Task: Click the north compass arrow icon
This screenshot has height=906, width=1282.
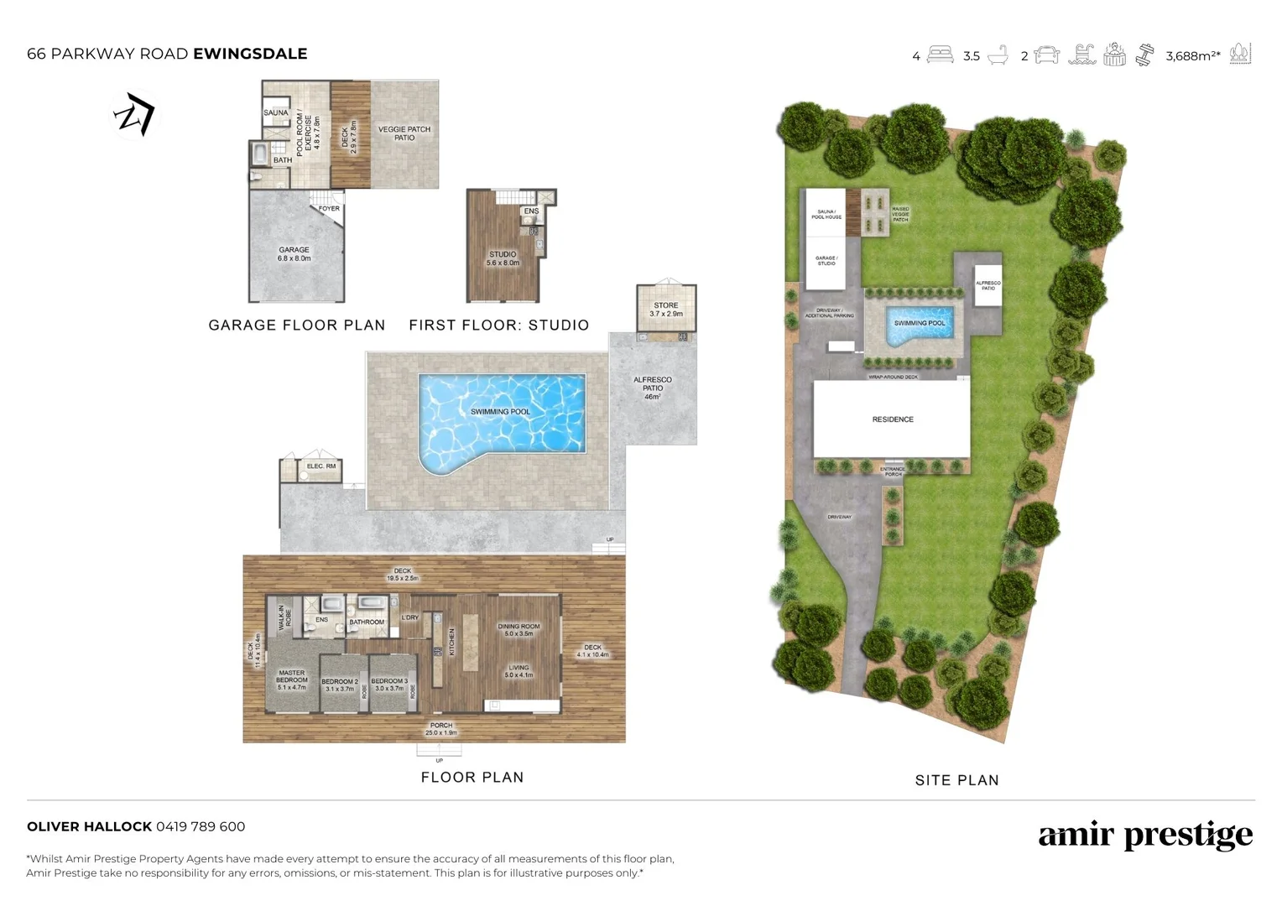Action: click(x=135, y=114)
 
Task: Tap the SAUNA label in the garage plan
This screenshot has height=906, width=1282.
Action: click(x=275, y=112)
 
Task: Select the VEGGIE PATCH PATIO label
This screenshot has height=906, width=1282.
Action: click(x=404, y=133)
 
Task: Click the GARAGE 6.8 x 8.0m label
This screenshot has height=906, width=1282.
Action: click(x=294, y=254)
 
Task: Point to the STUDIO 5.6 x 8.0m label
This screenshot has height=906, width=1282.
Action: click(x=503, y=258)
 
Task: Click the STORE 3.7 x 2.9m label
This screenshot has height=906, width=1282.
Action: click(x=666, y=310)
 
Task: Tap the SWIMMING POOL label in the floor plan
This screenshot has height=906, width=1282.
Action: click(x=500, y=412)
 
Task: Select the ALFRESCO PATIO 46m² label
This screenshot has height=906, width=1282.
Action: click(x=653, y=388)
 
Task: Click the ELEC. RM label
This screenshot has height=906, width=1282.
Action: click(x=320, y=466)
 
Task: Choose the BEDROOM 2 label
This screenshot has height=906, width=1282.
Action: click(x=340, y=685)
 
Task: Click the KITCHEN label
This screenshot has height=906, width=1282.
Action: click(x=451, y=642)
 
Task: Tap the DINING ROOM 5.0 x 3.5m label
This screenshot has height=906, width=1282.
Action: click(x=519, y=630)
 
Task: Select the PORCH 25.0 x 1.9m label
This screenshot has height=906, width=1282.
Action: click(x=441, y=729)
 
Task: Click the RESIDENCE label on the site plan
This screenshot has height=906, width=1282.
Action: click(x=893, y=419)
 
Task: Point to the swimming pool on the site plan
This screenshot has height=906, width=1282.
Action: click(x=920, y=325)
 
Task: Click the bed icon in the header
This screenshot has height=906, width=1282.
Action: click(x=940, y=55)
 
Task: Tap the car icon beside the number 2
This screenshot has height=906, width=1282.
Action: click(x=1047, y=55)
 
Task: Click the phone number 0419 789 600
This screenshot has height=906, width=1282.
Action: click(x=201, y=826)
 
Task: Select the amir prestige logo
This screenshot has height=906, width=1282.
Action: click(x=1145, y=836)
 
